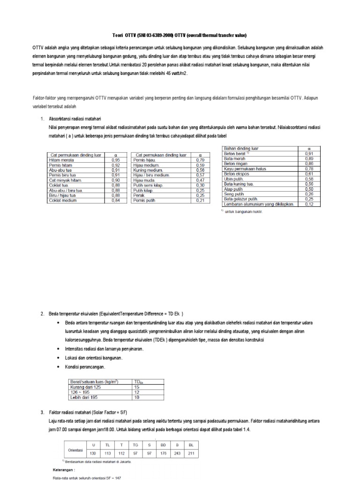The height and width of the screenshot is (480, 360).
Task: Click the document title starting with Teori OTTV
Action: [180, 36]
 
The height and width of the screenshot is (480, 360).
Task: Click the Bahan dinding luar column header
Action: [241, 149]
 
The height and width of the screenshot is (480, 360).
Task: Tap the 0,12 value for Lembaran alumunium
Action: [309, 204]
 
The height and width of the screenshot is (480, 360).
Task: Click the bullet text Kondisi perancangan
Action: [89, 366]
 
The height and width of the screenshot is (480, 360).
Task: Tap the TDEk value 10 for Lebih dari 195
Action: [137, 397]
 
